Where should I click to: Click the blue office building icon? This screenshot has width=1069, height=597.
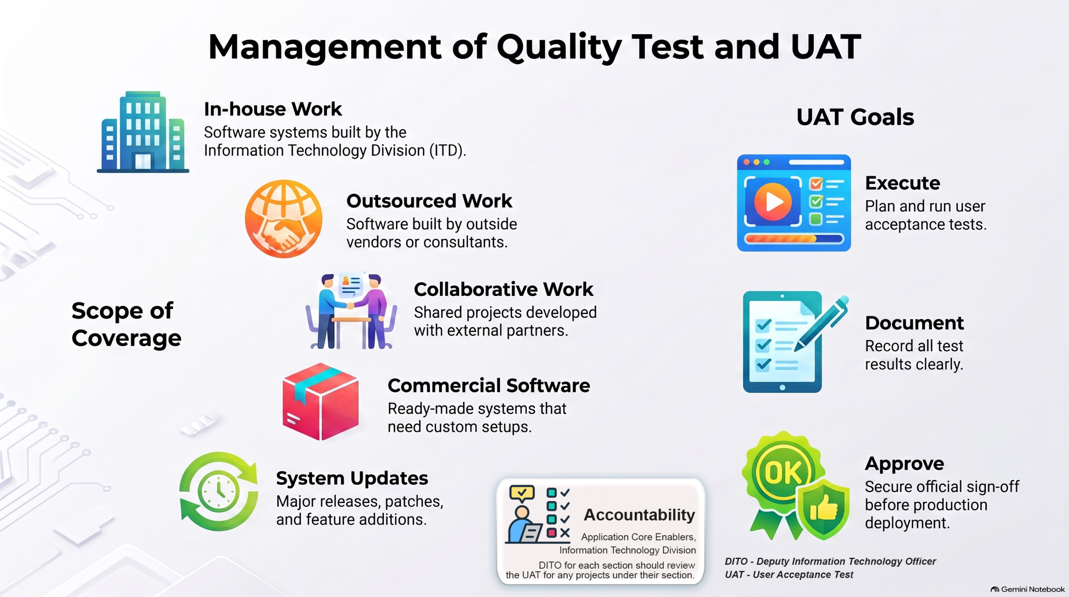(x=143, y=132)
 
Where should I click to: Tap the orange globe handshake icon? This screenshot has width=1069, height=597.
(x=284, y=218)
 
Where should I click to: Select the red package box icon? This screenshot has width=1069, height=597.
(x=320, y=401)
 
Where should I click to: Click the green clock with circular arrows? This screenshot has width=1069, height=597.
(x=219, y=491)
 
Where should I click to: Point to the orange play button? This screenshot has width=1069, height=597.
(x=773, y=202)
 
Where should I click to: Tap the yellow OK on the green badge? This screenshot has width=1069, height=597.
(x=783, y=472)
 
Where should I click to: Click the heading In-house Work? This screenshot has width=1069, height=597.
(x=273, y=109)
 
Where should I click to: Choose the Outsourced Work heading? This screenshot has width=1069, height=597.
(x=429, y=201)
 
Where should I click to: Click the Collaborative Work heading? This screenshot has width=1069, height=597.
(x=503, y=289)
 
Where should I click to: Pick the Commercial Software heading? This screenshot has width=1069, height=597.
(x=489, y=386)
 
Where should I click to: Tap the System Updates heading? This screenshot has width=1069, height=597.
(x=352, y=479)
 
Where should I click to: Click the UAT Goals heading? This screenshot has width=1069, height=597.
(x=855, y=117)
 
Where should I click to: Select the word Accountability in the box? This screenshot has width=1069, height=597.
(x=639, y=515)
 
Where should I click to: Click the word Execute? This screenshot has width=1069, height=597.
(x=902, y=183)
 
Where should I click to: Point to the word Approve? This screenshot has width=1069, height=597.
(x=904, y=464)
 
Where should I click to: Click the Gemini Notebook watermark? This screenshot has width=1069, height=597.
(x=1028, y=589)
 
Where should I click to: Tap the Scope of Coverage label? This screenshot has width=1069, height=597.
(x=127, y=324)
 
